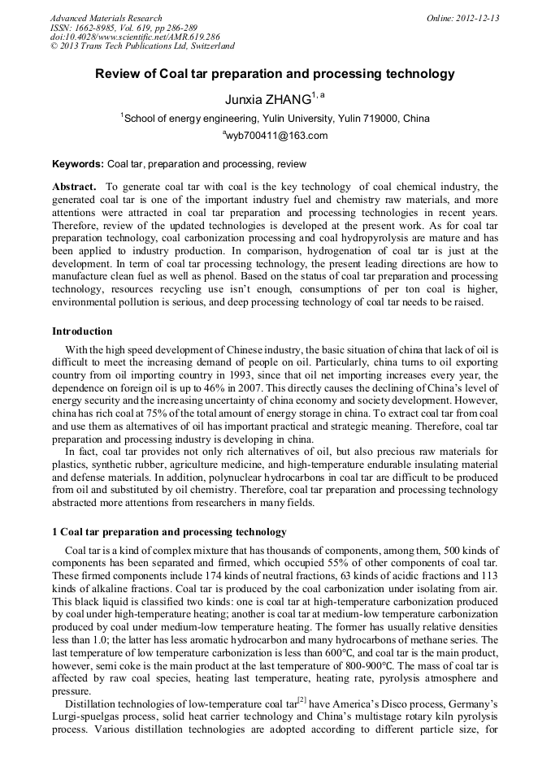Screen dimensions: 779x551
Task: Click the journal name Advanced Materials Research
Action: pos(106,18)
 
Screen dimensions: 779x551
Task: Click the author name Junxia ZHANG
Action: pos(267,99)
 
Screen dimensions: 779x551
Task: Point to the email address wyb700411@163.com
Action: pos(276,136)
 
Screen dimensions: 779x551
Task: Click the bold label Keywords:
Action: pos(77,163)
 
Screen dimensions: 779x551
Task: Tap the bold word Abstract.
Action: pos(74,187)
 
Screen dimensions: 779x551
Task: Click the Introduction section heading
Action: pos(82,331)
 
